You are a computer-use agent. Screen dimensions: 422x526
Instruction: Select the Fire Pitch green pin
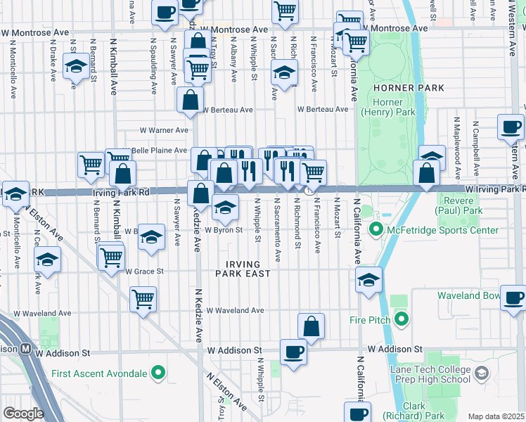tap(402, 321)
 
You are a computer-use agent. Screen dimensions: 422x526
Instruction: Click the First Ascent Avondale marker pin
tap(160, 372)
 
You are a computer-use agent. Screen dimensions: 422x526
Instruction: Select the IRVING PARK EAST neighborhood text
tap(248, 269)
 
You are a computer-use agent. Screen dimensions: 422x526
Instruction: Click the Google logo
tap(23, 413)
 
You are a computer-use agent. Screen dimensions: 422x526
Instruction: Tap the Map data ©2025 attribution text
tap(495, 416)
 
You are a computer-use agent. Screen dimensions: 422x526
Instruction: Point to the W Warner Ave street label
tap(164, 130)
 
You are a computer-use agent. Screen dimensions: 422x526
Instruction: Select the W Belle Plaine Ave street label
tap(158, 151)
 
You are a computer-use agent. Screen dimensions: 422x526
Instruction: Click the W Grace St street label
tap(144, 271)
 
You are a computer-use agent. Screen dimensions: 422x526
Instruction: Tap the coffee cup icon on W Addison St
tap(293, 351)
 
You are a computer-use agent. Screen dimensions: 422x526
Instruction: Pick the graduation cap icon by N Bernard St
tap(75, 68)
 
